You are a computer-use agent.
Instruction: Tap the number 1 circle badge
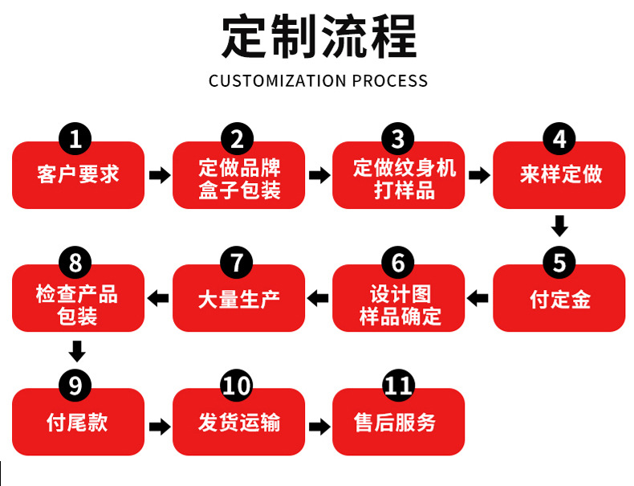[x=75, y=139]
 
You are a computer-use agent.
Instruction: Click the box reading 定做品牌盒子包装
[x=239, y=178]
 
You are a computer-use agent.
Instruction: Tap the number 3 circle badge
[x=398, y=139]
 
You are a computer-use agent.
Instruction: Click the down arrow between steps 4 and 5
[x=559, y=226]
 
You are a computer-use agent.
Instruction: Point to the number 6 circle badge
[x=398, y=263]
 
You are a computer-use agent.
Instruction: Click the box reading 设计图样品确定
[x=399, y=303]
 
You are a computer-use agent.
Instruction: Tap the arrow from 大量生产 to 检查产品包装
[x=158, y=299]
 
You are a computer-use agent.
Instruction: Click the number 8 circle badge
[x=75, y=263]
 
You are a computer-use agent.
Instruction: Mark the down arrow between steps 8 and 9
[x=77, y=351]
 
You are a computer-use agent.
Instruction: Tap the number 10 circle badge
[x=237, y=386]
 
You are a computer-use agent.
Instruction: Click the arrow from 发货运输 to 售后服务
[x=319, y=426]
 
